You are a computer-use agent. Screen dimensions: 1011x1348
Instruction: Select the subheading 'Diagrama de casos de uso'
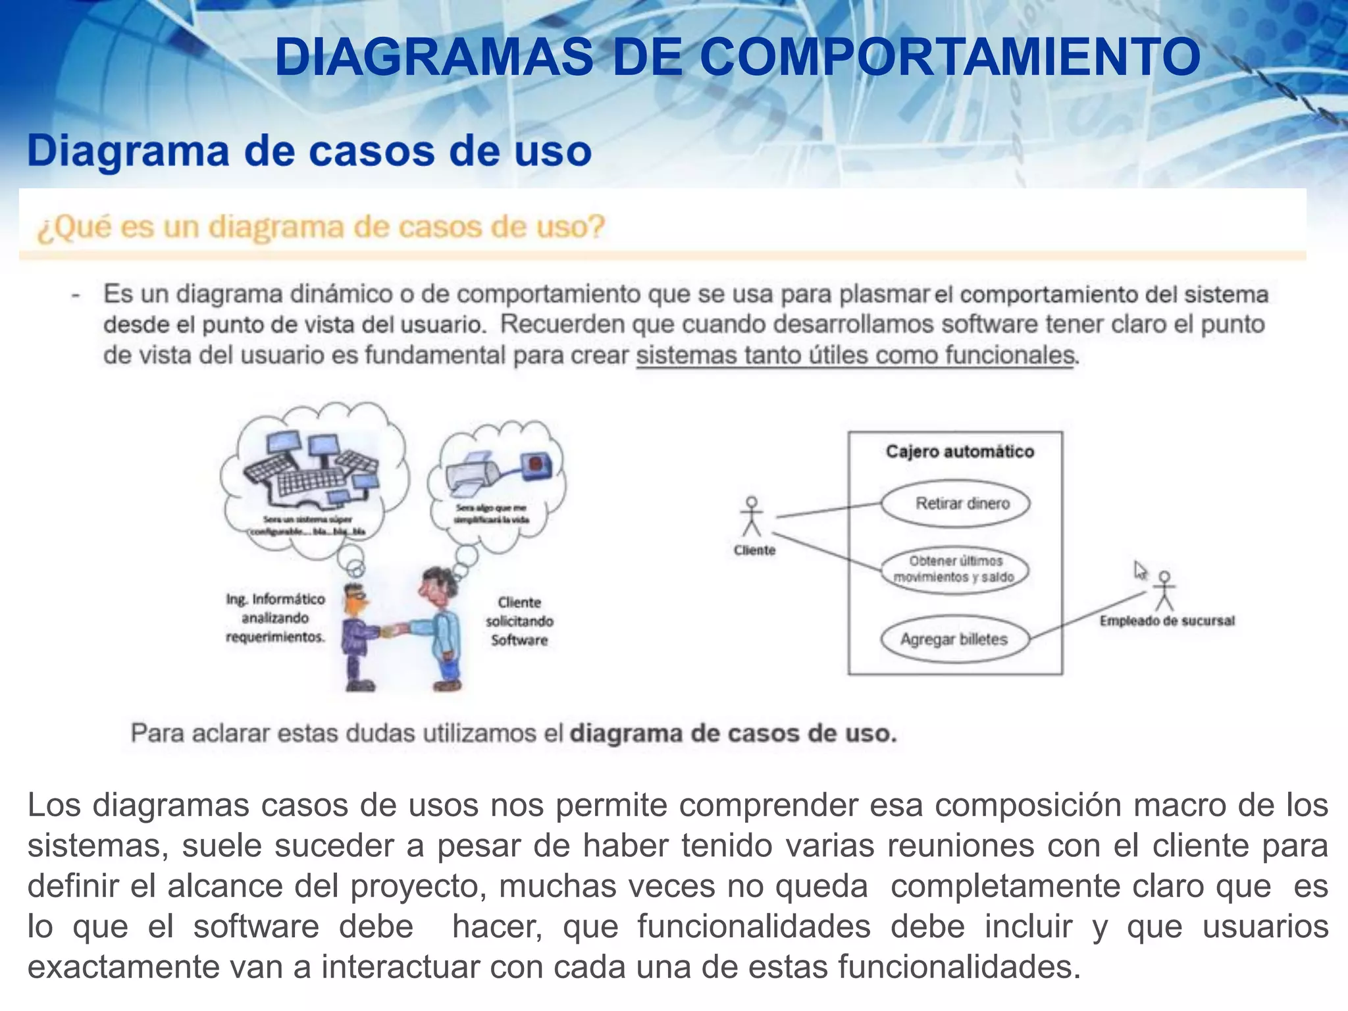click(309, 151)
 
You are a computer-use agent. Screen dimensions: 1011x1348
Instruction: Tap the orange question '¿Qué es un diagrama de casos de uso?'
click(321, 228)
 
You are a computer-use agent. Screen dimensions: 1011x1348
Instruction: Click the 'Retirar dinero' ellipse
click(956, 504)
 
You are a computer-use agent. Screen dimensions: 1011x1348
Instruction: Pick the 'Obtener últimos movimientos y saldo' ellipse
click(954, 569)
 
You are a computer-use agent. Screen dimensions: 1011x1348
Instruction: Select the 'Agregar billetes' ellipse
click(954, 639)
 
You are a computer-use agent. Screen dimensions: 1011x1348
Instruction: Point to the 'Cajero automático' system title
click(960, 452)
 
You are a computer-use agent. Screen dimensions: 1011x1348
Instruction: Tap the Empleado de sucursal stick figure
click(1165, 590)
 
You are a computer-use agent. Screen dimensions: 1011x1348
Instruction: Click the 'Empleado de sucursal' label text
click(1167, 621)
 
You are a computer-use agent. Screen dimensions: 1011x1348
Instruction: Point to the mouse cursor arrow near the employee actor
click(1140, 569)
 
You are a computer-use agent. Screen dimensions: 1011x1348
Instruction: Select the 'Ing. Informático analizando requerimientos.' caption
click(276, 617)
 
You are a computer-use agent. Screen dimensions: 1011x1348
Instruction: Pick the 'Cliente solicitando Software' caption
click(519, 621)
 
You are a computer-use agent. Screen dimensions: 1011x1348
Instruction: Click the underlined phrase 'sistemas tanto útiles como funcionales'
click(854, 355)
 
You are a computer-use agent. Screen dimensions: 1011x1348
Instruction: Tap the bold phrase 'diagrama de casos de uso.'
click(733, 733)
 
